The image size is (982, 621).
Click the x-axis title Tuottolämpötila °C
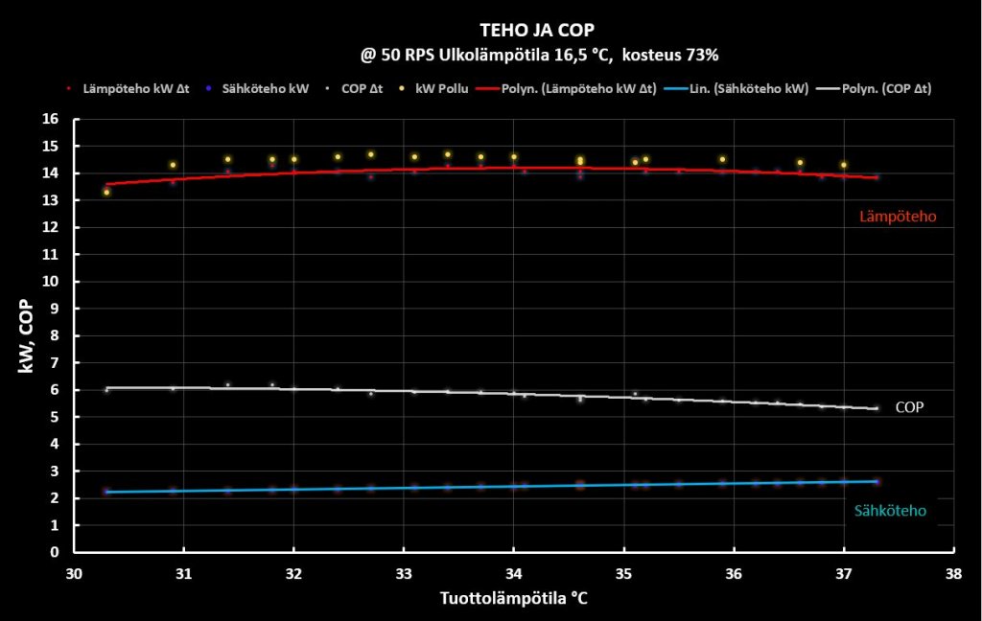click(514, 598)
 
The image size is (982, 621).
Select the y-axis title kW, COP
click(30, 335)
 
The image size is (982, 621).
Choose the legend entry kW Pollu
click(440, 88)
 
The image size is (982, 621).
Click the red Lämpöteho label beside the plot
click(897, 218)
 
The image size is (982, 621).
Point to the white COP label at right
click(909, 407)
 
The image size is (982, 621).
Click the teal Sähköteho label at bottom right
click(890, 511)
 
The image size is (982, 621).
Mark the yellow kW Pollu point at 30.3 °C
click(106, 193)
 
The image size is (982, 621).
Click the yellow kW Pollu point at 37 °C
click(844, 165)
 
